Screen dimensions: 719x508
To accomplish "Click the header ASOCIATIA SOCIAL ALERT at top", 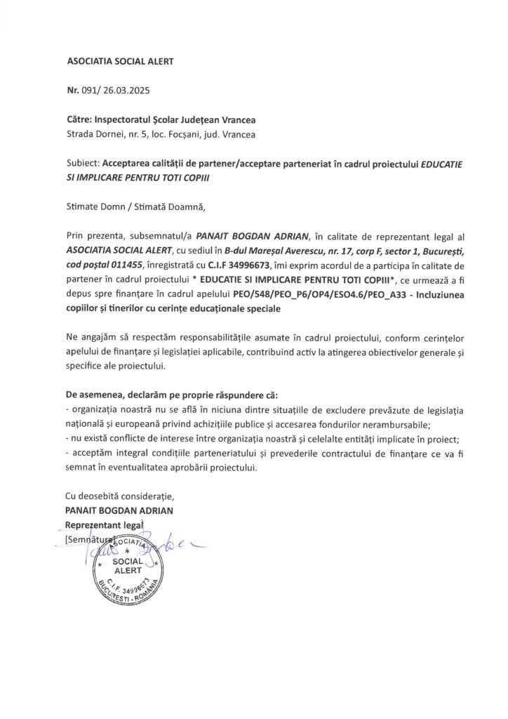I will pos(119,61).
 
